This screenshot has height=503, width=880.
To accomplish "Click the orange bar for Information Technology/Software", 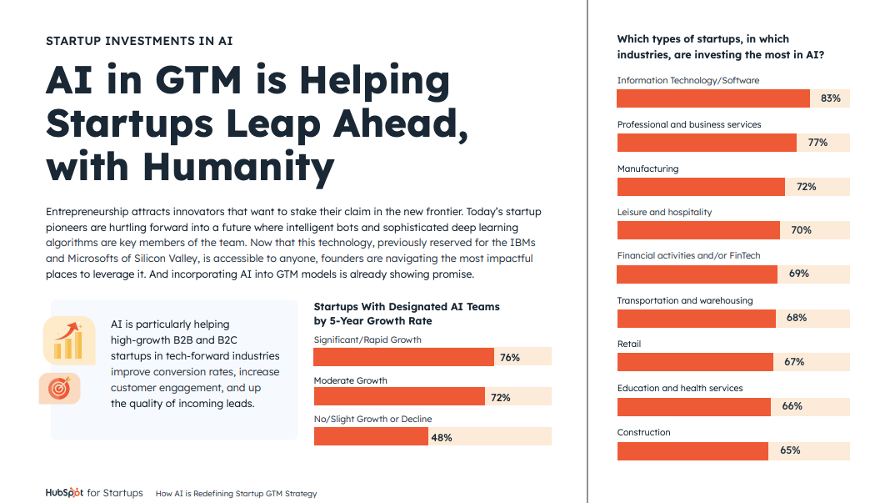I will [x=712, y=98].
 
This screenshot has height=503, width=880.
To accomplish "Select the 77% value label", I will [x=817, y=143].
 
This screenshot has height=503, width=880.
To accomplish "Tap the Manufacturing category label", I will [x=647, y=169].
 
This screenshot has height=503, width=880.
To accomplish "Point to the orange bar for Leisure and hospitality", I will [x=698, y=230].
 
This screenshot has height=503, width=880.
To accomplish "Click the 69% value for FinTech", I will [x=798, y=274].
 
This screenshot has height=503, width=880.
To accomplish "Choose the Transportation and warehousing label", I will [x=684, y=300].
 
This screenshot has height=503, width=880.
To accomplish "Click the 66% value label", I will [x=792, y=406].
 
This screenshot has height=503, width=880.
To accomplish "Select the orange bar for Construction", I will [x=692, y=450].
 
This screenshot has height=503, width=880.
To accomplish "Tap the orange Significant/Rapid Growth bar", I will [x=403, y=357].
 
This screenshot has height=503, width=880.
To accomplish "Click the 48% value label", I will [x=442, y=437].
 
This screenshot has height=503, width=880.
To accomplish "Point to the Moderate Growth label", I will [x=350, y=380].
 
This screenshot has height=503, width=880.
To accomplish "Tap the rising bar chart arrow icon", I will [x=68, y=339].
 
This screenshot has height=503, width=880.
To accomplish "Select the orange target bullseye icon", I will [x=58, y=388].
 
